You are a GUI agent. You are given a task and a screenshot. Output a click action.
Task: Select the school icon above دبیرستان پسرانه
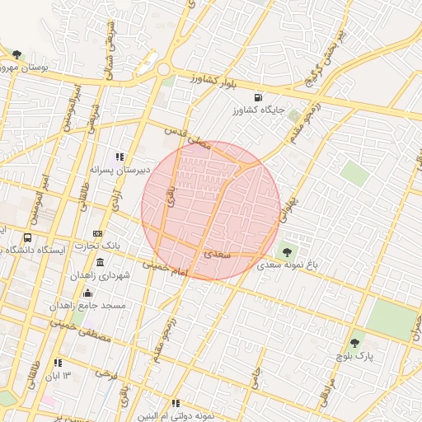[120, 157]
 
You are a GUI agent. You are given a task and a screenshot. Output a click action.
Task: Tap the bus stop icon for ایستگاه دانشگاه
[28, 238]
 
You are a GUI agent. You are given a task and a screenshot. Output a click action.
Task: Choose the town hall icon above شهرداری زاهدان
[100, 262]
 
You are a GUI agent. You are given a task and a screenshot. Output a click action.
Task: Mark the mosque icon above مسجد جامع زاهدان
[87, 293]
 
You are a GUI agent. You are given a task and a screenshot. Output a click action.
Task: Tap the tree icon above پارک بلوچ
[355, 342]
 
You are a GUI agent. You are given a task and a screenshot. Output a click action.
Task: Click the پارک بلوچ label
[355, 355]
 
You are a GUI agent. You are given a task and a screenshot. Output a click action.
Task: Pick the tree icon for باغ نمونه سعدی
[287, 252]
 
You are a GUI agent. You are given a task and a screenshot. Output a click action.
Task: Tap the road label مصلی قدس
[187, 138]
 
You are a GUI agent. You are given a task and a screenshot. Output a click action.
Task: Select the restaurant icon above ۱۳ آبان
[58, 363]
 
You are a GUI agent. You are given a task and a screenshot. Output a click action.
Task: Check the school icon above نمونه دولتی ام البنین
[176, 403]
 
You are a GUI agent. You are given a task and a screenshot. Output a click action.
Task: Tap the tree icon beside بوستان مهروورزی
[16, 54]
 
